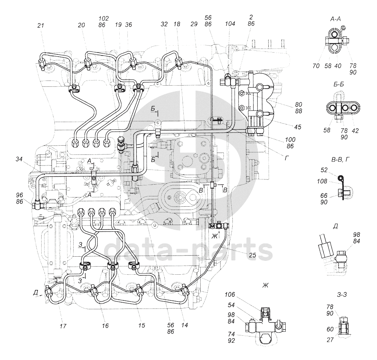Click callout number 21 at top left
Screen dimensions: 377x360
(41, 25)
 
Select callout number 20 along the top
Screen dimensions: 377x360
(81, 25)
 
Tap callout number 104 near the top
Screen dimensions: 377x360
(230, 24)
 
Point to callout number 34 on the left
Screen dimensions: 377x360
(20, 158)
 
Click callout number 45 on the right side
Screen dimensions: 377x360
(297, 127)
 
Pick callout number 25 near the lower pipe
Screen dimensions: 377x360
(253, 255)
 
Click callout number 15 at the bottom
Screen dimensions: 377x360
(142, 325)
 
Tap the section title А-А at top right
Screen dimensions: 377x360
(336, 19)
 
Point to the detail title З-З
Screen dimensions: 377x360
(342, 294)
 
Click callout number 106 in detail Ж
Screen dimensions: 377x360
(230, 295)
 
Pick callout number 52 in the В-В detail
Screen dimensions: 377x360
(324, 170)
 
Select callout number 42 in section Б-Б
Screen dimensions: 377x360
(355, 131)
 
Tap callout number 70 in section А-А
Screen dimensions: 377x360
(316, 65)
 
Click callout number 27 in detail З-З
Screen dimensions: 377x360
(330, 340)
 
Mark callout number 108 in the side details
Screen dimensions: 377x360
(322, 181)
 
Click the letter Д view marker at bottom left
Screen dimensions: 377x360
(36, 292)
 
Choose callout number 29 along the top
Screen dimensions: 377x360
(194, 24)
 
